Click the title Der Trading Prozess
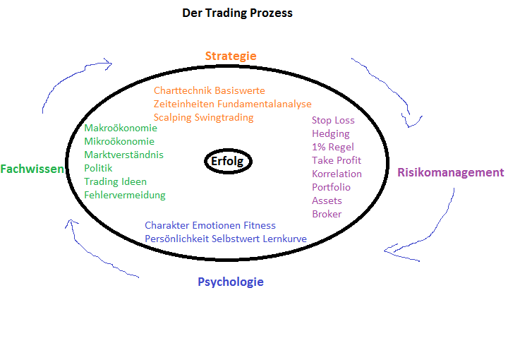click(237, 13)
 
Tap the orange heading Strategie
click(231, 56)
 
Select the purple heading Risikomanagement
click(450, 172)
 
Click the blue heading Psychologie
click(230, 282)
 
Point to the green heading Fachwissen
click(32, 169)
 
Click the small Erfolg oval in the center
click(228, 161)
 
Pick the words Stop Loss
click(333, 120)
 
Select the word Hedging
click(330, 133)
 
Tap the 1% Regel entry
click(333, 147)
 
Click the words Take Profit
click(337, 160)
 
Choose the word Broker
click(327, 214)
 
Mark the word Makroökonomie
click(121, 128)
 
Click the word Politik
click(98, 168)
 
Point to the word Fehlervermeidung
click(125, 195)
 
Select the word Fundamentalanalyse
click(262, 104)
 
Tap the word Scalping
click(172, 117)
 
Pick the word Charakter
click(167, 225)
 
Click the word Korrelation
click(337, 174)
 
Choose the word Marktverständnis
click(123, 155)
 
